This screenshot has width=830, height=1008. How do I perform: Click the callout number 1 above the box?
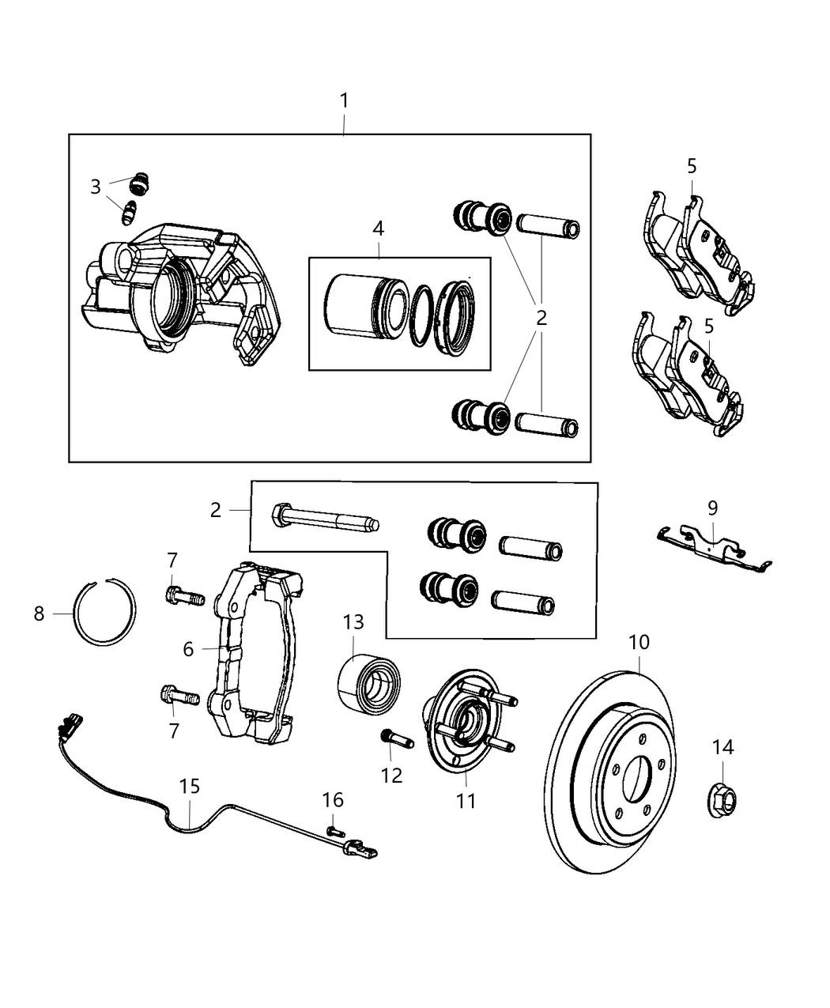pos(344,101)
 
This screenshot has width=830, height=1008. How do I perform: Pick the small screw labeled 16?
pos(335,830)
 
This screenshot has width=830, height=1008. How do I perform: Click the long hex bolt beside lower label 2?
pos(324,520)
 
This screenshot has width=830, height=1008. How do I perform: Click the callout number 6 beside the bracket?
pos(188,649)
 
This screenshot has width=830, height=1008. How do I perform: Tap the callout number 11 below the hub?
pos(466,800)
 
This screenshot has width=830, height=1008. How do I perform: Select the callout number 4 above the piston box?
pos(378,228)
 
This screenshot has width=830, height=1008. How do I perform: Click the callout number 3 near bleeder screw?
pos(96,187)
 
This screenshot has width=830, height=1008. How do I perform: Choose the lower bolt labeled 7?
pos(183,697)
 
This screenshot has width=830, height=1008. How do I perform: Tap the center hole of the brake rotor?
pos(637,778)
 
